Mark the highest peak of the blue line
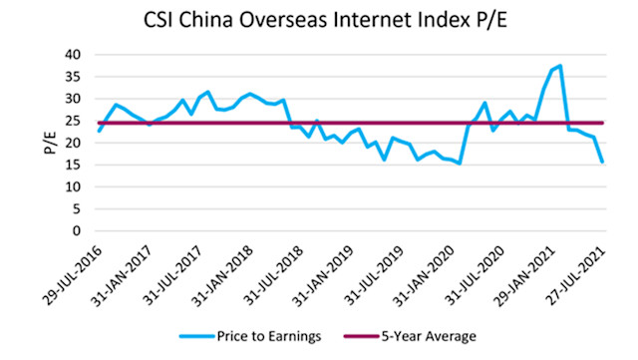[560, 66]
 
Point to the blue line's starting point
[98, 131]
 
